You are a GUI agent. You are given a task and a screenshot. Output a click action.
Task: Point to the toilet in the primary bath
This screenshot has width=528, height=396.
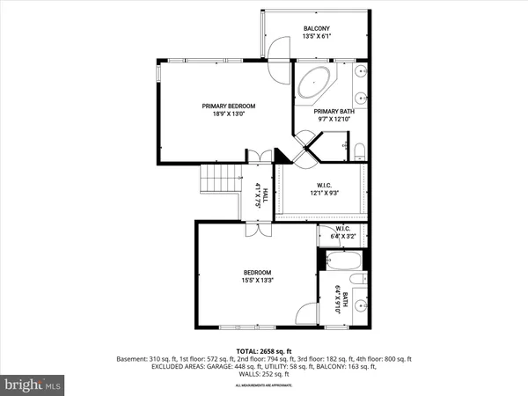359,150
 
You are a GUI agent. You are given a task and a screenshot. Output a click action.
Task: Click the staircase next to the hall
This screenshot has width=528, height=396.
221,182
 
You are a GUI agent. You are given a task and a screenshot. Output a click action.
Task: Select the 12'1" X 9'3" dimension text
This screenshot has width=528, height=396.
323,194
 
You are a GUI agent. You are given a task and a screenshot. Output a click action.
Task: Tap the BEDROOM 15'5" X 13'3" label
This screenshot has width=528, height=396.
257,276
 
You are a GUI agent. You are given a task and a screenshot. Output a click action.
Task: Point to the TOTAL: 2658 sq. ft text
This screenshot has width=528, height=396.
264,351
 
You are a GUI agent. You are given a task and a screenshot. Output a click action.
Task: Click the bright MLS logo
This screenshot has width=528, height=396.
33,385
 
